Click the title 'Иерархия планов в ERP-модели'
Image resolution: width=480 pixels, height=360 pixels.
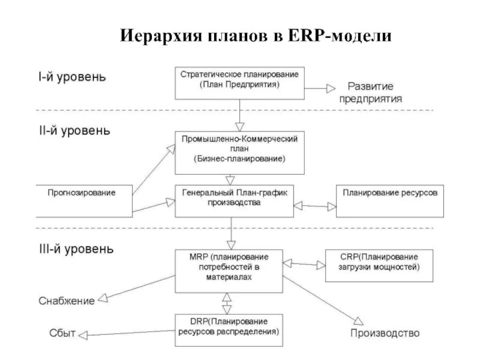[256, 35]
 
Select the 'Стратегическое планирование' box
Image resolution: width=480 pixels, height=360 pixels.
[239, 82]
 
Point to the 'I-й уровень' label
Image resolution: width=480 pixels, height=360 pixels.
[72, 77]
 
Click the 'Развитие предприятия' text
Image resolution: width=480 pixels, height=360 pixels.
[370, 93]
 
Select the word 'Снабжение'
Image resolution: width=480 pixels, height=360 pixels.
[67, 301]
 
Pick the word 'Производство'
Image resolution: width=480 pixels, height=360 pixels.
[385, 333]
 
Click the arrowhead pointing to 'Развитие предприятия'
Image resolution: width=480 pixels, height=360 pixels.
[330, 88]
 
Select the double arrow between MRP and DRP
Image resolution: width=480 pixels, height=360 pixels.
[226, 304]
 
